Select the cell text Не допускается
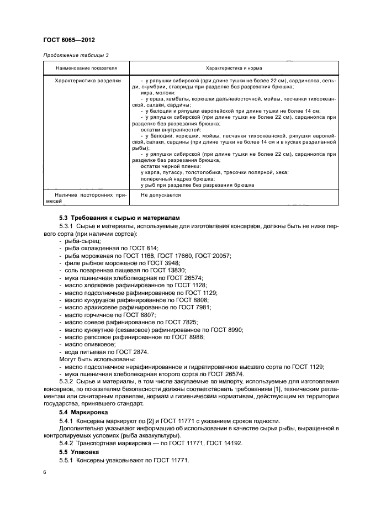[160, 195]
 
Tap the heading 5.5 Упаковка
[80, 451]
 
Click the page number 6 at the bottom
[44, 473]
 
